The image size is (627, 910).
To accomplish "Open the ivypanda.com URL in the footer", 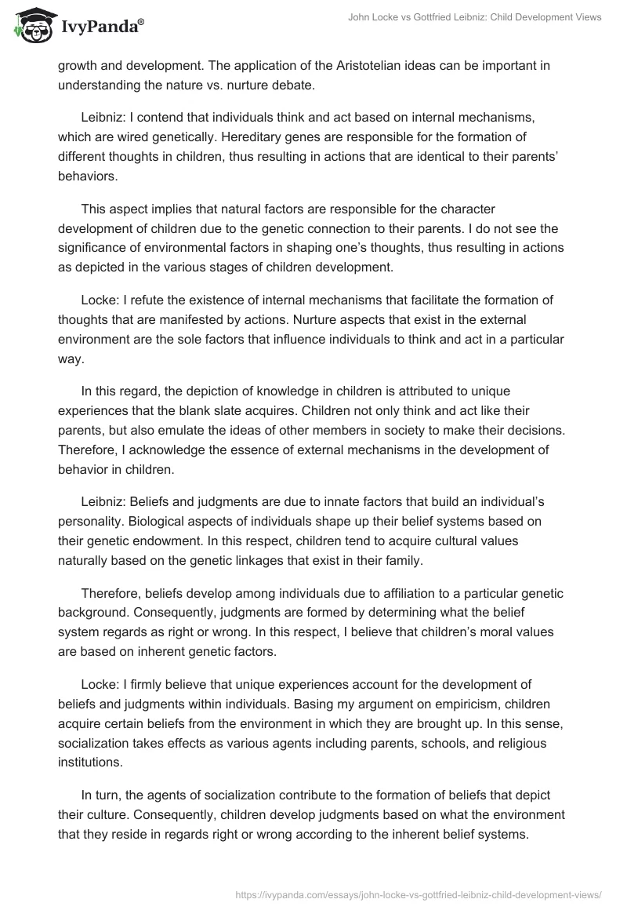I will (x=418, y=894).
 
